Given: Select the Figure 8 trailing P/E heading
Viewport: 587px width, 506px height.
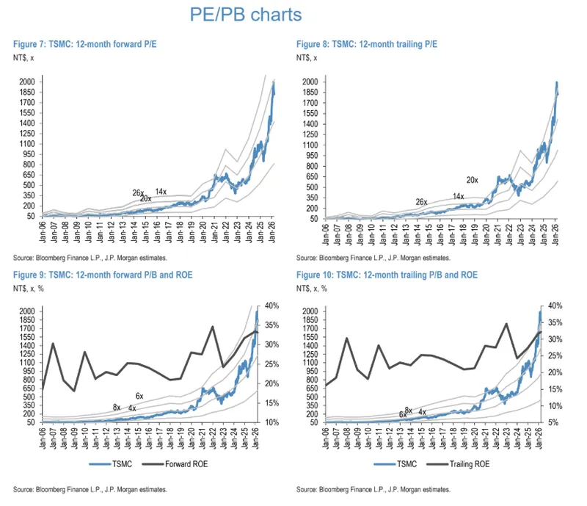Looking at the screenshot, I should click(x=367, y=45).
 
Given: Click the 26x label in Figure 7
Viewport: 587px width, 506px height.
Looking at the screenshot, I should click(x=138, y=192).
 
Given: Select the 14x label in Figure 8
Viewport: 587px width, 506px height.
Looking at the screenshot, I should click(x=458, y=197).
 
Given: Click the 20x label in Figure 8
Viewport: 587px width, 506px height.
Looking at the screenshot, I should click(x=472, y=179).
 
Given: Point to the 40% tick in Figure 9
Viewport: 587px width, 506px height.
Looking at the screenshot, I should click(x=271, y=306).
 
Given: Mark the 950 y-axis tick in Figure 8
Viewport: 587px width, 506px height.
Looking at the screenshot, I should click(x=310, y=156).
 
